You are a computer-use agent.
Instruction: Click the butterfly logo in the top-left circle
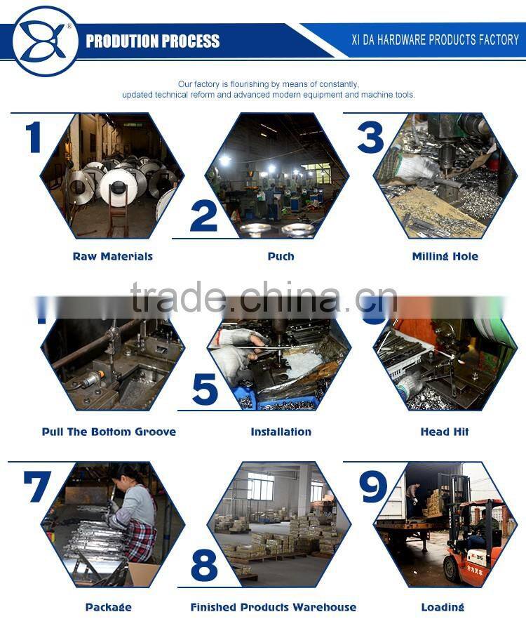tap(43, 41)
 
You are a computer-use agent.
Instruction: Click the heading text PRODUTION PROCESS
tap(152, 41)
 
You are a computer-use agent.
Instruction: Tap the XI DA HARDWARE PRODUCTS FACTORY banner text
tap(435, 40)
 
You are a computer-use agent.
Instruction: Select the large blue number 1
tap(33, 137)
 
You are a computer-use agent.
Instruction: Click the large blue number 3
tap(370, 137)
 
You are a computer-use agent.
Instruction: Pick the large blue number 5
tap(205, 390)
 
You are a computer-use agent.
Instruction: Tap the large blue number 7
tap(36, 486)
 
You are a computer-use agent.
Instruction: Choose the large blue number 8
tap(204, 565)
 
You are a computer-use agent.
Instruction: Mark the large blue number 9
tap(372, 486)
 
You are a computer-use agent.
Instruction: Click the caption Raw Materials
tap(112, 257)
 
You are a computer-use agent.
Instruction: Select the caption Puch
tap(280, 257)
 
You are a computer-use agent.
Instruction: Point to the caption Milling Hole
tap(445, 257)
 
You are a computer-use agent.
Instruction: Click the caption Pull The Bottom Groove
tap(109, 432)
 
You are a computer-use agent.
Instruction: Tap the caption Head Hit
tap(445, 432)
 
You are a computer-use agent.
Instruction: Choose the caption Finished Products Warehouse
tap(274, 607)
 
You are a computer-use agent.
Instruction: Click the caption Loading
tap(443, 607)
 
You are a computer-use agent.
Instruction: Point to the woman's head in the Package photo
tap(127, 474)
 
